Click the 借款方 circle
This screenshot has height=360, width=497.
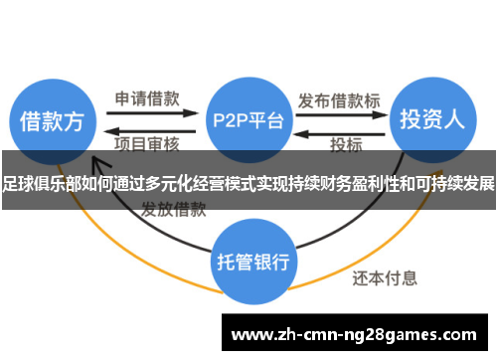click(53, 120)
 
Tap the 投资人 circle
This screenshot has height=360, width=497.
click(431, 120)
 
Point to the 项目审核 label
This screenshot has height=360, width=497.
click(148, 145)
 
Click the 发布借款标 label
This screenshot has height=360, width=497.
click(338, 99)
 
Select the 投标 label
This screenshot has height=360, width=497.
click(346, 145)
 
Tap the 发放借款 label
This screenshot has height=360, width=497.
click(173, 210)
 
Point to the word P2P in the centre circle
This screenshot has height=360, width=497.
click(232, 121)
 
